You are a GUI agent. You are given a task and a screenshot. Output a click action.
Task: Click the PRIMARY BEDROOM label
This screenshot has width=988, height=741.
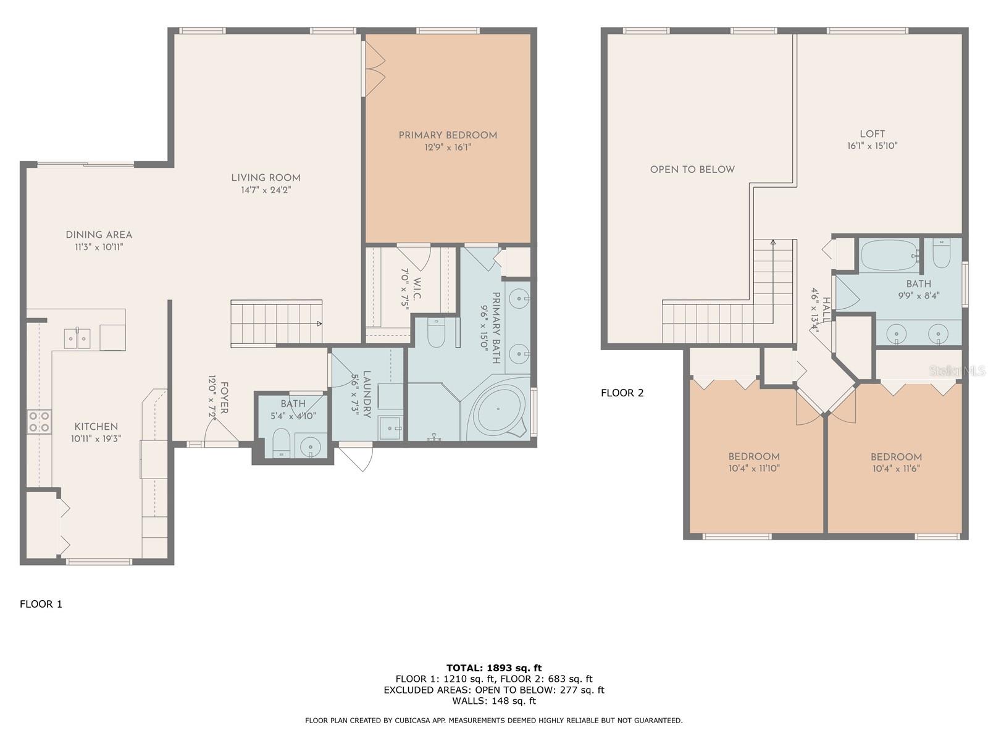448,135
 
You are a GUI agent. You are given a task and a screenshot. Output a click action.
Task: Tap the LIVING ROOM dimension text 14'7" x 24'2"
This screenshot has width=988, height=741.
266,190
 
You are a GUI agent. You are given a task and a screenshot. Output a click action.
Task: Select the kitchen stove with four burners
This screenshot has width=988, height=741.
39,422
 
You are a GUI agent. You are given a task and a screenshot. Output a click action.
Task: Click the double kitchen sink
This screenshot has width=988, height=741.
77,338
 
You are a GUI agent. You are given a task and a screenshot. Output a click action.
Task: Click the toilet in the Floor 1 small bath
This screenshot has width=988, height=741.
281,442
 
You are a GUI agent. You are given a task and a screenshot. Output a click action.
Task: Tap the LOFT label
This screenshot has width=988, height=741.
872,134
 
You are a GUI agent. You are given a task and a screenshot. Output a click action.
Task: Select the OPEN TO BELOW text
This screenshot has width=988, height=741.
692,169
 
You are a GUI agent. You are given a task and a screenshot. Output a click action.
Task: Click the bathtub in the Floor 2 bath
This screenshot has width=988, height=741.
889,255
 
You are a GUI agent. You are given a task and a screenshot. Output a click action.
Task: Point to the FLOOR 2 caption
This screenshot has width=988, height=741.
622,393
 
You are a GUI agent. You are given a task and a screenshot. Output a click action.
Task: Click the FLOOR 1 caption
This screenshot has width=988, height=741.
41,604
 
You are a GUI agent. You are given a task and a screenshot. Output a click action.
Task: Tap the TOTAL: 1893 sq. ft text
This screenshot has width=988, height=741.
493,668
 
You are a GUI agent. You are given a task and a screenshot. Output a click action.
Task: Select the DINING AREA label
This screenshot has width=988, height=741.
99,235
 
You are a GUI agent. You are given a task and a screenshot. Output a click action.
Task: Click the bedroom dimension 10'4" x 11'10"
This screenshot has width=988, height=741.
753,468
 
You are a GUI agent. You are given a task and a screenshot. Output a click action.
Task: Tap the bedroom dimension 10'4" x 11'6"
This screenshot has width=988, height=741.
896,468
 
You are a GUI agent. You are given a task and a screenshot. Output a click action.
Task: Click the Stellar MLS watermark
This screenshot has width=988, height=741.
957,371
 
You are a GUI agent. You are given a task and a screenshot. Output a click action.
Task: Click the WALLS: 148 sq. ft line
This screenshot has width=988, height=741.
493,701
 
